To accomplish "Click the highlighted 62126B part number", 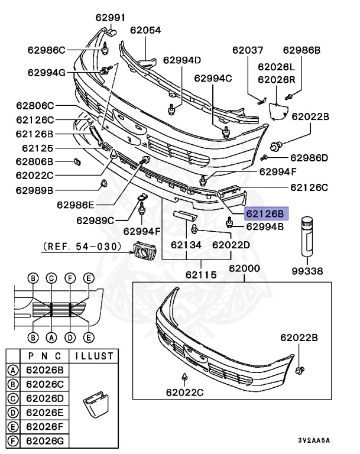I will [265, 213].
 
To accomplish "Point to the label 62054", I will [145, 30].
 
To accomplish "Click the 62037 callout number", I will [248, 51].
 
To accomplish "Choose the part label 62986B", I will [301, 51].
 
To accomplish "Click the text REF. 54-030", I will [82, 245].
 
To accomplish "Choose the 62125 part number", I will [37, 148].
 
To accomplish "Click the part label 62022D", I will [231, 244].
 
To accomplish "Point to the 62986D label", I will [309, 158].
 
